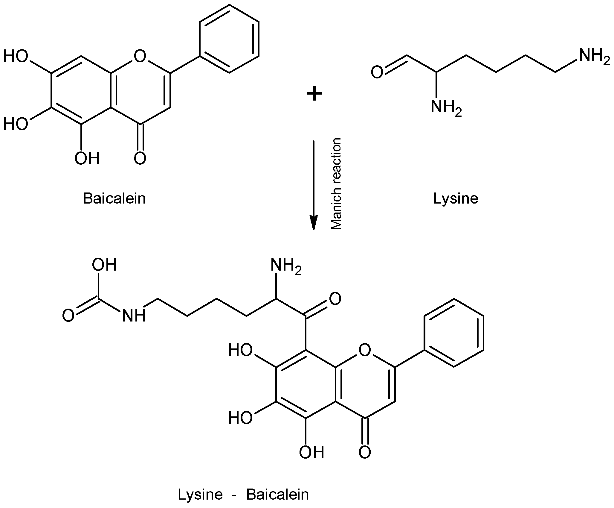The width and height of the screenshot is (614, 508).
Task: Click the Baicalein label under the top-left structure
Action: [114, 198]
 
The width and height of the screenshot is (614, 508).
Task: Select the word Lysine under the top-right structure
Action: [456, 198]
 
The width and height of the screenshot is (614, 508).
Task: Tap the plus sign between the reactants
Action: [314, 94]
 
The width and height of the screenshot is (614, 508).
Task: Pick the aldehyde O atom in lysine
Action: [377, 72]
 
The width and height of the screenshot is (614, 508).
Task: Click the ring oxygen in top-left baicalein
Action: [140, 56]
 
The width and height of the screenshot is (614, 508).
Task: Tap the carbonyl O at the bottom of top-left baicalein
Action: [140, 158]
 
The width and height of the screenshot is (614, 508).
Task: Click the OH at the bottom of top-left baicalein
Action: [87, 158]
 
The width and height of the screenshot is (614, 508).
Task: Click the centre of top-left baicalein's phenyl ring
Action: [229, 39]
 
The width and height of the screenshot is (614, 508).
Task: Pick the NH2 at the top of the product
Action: [285, 266]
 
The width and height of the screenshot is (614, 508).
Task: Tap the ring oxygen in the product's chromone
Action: [365, 350]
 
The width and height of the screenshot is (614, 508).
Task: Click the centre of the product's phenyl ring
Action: [454, 332]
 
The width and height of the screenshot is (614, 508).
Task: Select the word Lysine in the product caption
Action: [200, 495]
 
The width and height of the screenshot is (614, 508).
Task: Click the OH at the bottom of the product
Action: [311, 452]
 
